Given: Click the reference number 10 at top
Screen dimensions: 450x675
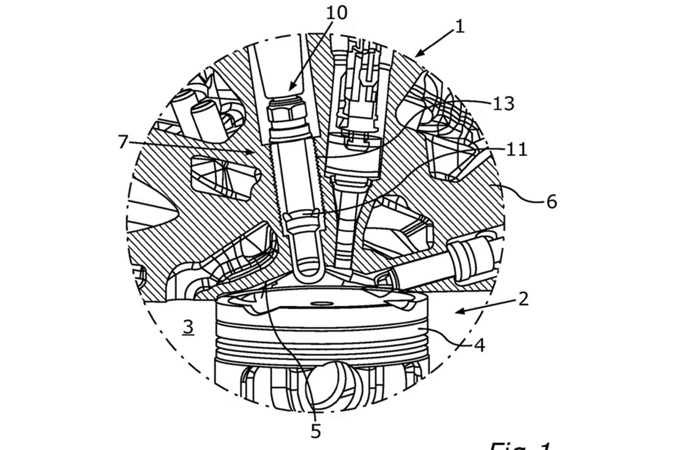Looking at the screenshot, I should [336, 13].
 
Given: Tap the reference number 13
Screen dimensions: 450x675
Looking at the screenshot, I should [503, 104].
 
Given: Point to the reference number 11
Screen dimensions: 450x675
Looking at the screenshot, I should [516, 149].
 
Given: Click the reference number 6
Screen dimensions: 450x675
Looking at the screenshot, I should [552, 202].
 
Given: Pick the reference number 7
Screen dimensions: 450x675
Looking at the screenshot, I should [122, 142].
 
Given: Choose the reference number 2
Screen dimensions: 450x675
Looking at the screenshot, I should [523, 299].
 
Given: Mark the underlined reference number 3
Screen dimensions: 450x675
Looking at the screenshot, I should [188, 327].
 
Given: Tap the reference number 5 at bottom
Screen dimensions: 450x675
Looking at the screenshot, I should [316, 431].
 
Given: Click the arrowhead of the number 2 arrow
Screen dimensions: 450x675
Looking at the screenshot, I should [458, 311].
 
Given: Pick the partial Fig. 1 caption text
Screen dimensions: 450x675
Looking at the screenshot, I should [520, 445].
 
